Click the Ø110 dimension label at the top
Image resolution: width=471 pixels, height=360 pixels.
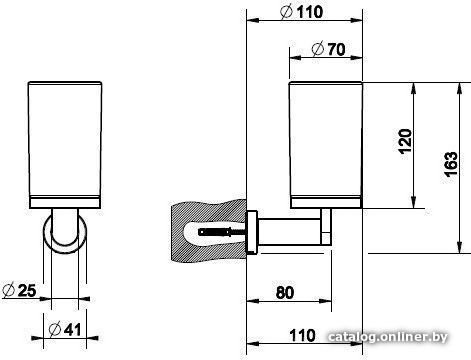pyautogui.click(x=301, y=12)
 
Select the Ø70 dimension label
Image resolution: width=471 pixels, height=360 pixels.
pyautogui.click(x=328, y=49)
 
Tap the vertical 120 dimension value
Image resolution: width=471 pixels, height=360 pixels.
pyautogui.click(x=406, y=141)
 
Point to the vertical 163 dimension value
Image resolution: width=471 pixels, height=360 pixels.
pyautogui.click(x=451, y=164)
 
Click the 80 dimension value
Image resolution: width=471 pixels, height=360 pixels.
pyautogui.click(x=285, y=292)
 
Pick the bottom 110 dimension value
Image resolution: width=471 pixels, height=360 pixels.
pyautogui.click(x=302, y=336)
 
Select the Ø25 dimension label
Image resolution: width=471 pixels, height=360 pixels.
pyautogui.click(x=19, y=290)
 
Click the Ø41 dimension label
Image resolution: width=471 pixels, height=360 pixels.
pyautogui.click(x=65, y=330)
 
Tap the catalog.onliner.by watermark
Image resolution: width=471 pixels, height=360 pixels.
pyautogui.click(x=388, y=337)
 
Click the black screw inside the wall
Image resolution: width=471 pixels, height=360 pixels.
pyautogui.click(x=214, y=231)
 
